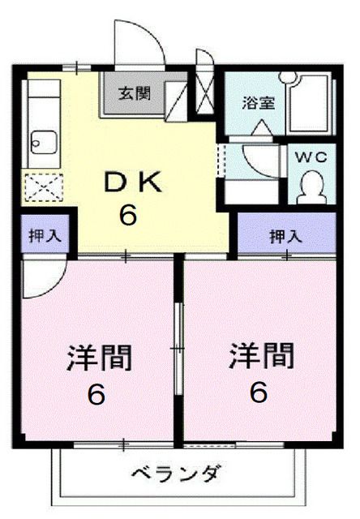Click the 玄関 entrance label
(x=136, y=93)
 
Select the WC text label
(x=311, y=157)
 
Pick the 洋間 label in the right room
(x=261, y=355)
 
